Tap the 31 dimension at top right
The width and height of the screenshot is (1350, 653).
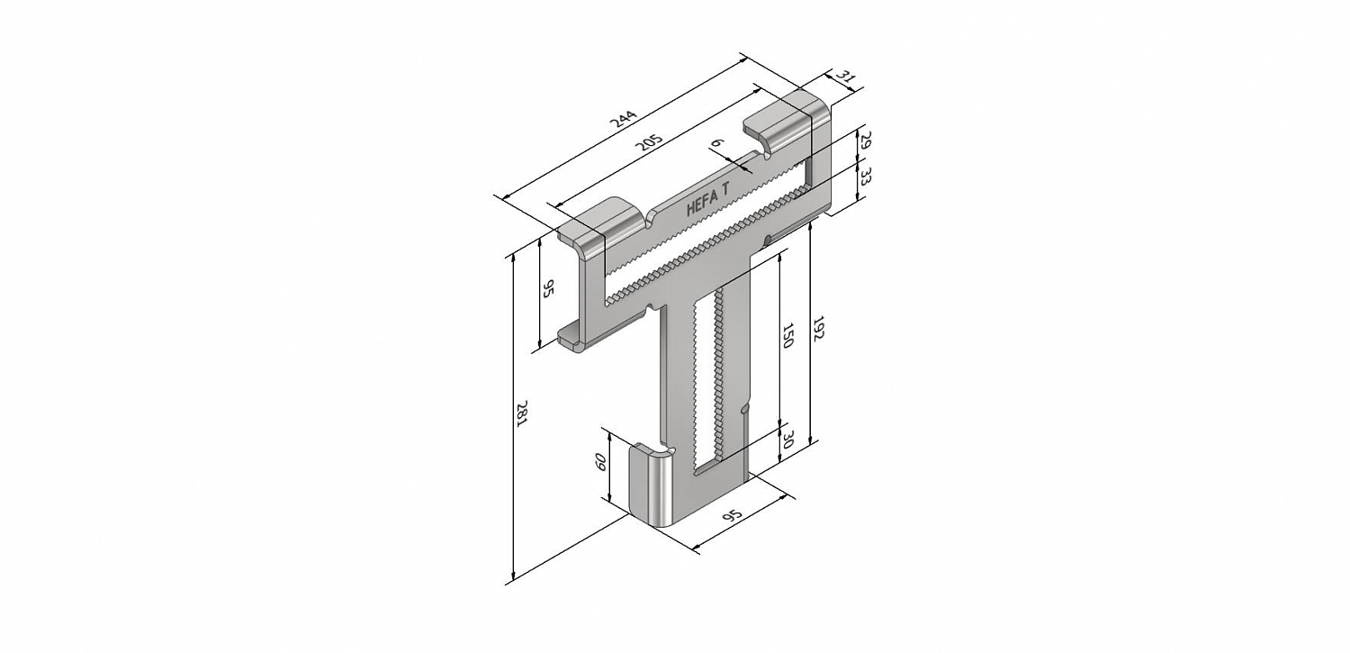coord(845,77)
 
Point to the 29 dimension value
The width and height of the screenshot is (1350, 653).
coord(865,142)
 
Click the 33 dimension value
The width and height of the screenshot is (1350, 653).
coord(865,177)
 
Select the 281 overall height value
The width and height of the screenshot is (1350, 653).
coord(521,414)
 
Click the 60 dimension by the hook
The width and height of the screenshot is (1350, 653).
coord(600,462)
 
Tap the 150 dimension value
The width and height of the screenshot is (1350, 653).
coord(787,335)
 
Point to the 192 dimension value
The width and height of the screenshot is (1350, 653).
coord(818,329)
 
